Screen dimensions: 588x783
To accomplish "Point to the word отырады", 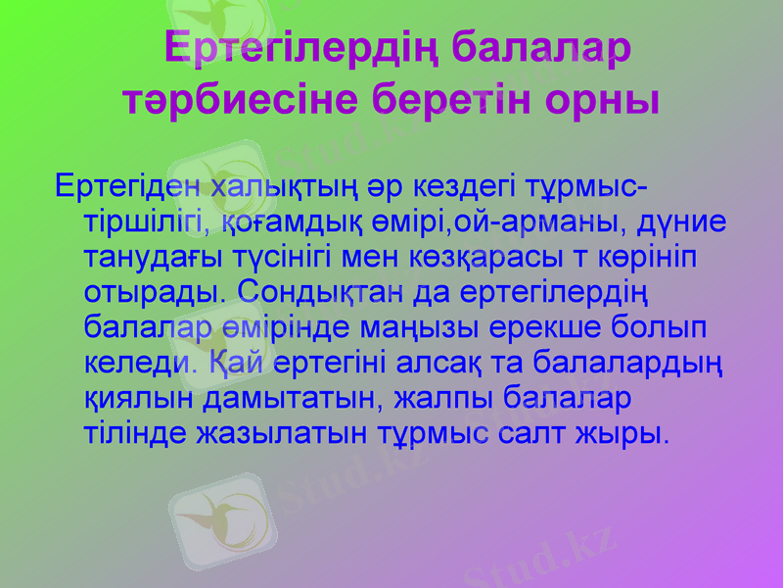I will [x=155, y=292].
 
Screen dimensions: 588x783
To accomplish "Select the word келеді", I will [x=143, y=363].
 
